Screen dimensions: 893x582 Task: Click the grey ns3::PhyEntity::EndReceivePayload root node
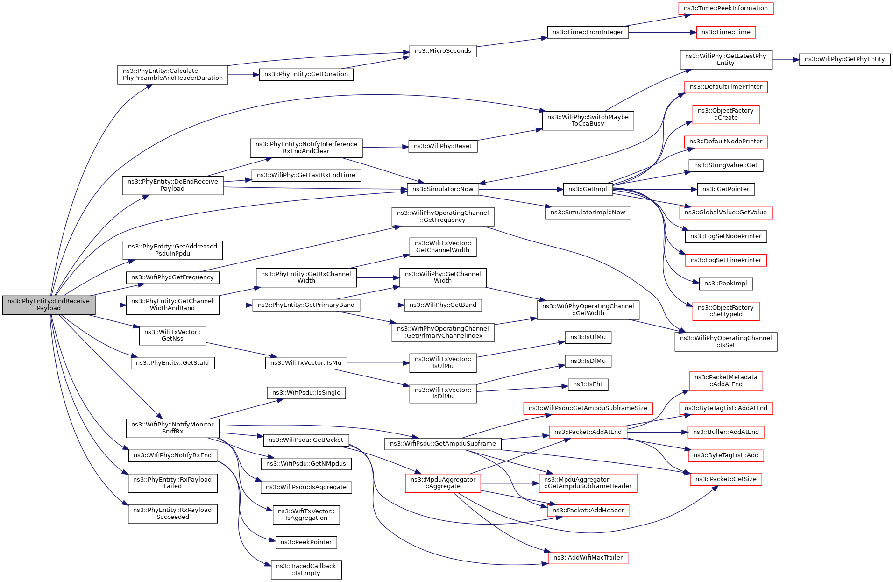[x=49, y=305]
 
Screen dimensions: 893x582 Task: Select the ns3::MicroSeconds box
[x=443, y=51]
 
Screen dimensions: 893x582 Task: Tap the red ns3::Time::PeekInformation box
[x=726, y=8]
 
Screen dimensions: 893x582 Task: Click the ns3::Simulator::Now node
[x=443, y=189]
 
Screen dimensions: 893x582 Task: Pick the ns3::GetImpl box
[x=588, y=189]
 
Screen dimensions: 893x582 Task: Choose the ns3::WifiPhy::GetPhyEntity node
[x=844, y=60]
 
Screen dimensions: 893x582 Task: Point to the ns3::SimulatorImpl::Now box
[x=588, y=213]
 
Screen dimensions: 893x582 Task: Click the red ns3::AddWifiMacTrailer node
[x=588, y=558]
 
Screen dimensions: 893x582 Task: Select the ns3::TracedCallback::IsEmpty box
[x=306, y=569]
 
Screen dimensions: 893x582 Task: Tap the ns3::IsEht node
[x=588, y=385]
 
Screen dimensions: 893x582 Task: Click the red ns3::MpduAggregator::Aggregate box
[x=443, y=483]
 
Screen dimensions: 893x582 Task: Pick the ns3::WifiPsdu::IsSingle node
[x=306, y=393]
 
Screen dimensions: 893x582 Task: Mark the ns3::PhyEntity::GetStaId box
[x=172, y=363]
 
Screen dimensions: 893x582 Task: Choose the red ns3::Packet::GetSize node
[x=726, y=479]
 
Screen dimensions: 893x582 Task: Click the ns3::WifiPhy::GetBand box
[x=443, y=305]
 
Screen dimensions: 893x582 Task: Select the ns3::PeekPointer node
[x=306, y=542]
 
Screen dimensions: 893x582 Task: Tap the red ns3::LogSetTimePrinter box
[x=726, y=261]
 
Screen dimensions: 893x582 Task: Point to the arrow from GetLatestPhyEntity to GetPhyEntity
[x=786, y=60]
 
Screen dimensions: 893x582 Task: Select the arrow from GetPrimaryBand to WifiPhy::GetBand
[x=382, y=305]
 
